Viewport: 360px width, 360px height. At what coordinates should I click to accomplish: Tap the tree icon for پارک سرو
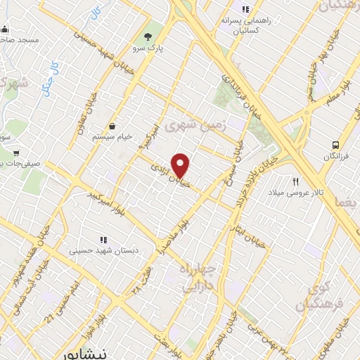(x=148, y=37)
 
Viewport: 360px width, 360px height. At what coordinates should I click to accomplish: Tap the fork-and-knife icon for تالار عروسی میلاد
(x=296, y=181)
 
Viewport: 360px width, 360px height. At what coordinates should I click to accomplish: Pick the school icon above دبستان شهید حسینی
(x=103, y=238)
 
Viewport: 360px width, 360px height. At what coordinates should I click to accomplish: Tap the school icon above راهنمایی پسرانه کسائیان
(x=245, y=9)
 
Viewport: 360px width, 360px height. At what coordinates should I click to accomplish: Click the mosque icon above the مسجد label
(x=5, y=30)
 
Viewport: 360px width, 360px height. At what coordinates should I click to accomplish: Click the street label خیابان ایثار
(x=251, y=238)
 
